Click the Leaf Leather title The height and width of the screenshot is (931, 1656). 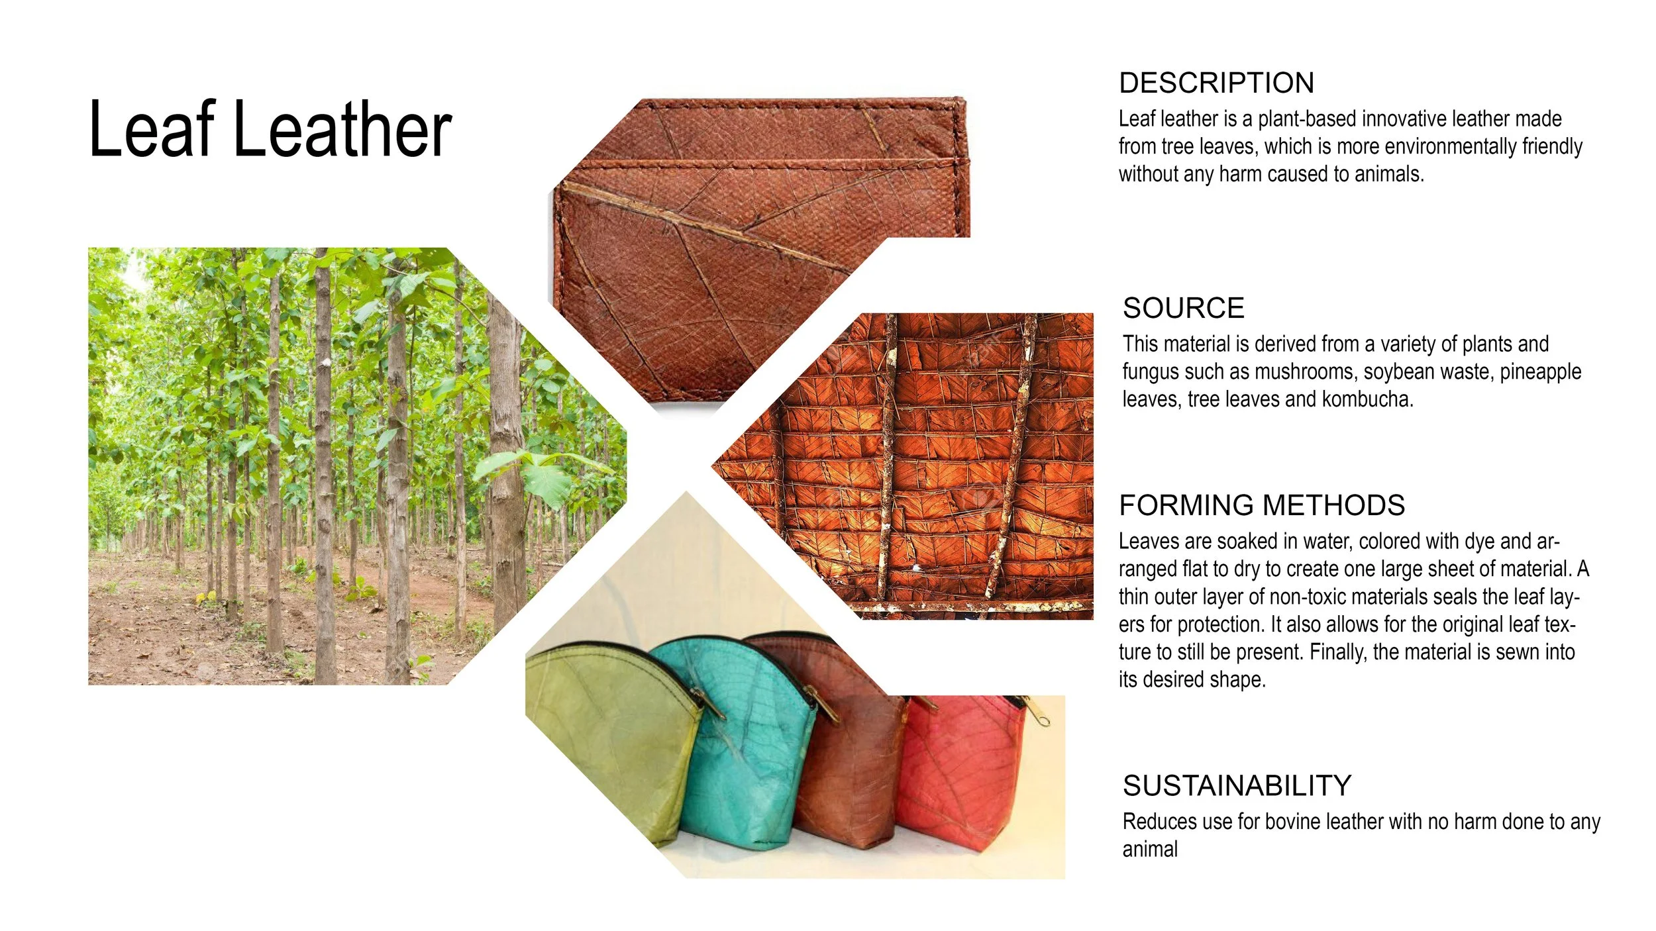point(270,129)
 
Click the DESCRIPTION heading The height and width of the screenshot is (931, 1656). point(1216,83)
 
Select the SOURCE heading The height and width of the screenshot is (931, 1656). point(1183,309)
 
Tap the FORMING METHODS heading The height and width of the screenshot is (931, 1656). point(1261,506)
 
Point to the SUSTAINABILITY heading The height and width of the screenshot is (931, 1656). point(1237,786)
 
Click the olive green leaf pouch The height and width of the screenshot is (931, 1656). point(609,735)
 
